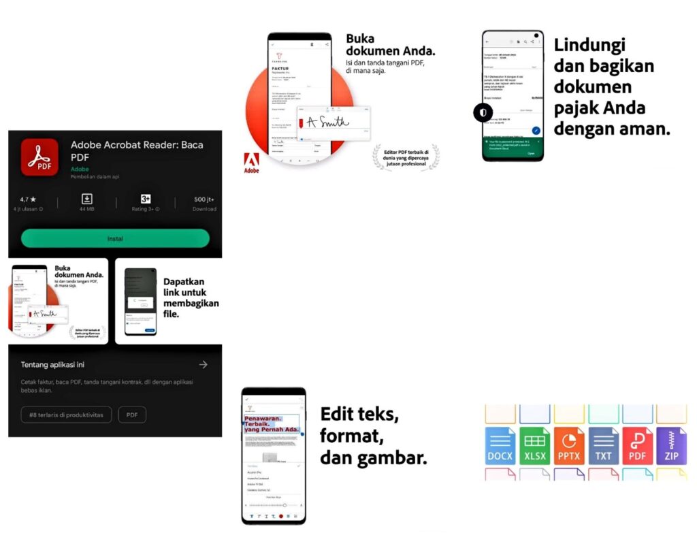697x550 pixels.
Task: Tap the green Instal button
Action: [x=115, y=238]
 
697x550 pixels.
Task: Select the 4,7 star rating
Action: [x=29, y=199]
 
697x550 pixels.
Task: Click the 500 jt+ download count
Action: [x=204, y=199]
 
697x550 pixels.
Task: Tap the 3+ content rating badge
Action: [x=146, y=199]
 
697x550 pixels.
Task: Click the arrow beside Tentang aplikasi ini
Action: [x=203, y=365]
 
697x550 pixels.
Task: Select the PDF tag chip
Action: [x=132, y=415]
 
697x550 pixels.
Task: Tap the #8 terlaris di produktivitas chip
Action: [x=67, y=415]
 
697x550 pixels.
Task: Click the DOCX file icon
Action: [x=500, y=446]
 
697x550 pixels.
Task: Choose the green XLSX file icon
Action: [x=535, y=446]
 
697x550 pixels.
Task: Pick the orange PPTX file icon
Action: [x=569, y=446]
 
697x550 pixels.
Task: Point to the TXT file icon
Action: [x=604, y=446]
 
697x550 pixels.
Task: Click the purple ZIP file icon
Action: [x=672, y=446]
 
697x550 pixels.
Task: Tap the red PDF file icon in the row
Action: [x=638, y=446]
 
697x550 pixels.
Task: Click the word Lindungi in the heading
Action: [x=589, y=45]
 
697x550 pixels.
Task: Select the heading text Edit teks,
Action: [x=359, y=413]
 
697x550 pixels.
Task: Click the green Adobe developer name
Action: [x=80, y=168]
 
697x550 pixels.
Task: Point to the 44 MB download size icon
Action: [x=87, y=199]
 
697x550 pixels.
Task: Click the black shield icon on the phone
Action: [x=483, y=112]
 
